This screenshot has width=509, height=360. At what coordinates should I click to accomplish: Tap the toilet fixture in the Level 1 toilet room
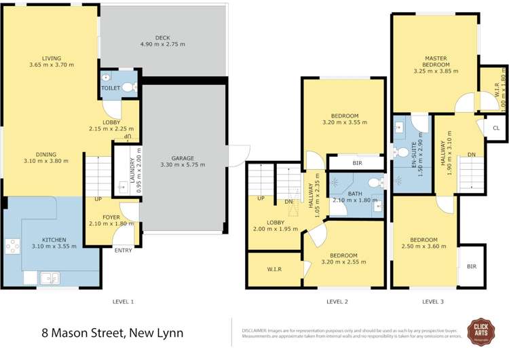(128, 87)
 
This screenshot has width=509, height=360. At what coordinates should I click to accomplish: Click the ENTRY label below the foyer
(124, 251)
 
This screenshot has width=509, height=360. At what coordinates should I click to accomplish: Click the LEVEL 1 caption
(124, 301)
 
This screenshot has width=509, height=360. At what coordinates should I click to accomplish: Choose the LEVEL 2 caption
(337, 301)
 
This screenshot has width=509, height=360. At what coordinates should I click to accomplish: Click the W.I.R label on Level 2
(274, 270)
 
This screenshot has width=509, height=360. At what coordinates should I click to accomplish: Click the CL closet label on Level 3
(495, 128)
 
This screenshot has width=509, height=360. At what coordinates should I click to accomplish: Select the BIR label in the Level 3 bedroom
(472, 266)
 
